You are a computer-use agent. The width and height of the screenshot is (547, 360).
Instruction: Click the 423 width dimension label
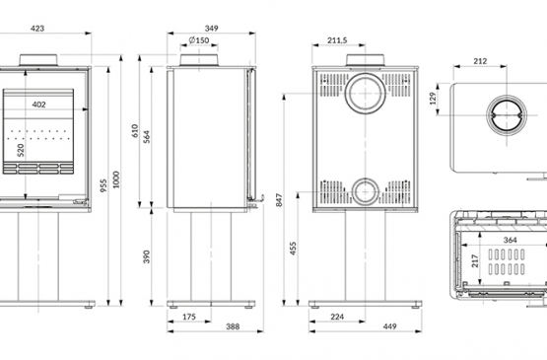coord(37,29)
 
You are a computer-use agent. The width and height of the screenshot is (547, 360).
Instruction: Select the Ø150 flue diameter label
coord(199,40)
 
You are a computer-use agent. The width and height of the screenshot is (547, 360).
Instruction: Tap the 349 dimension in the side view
coord(211,29)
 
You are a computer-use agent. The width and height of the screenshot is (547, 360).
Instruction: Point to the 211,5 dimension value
coord(337,40)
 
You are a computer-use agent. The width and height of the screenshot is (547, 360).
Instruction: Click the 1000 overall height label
coord(116,180)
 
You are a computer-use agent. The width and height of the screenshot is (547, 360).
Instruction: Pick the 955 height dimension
coord(103,185)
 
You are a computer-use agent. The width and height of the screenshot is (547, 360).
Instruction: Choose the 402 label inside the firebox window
coord(38,105)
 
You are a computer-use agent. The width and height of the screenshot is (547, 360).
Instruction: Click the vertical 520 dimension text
coord(21,150)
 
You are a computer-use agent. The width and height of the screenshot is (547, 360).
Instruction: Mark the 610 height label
coord(135,131)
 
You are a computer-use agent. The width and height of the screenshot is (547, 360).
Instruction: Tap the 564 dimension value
coord(147,137)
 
